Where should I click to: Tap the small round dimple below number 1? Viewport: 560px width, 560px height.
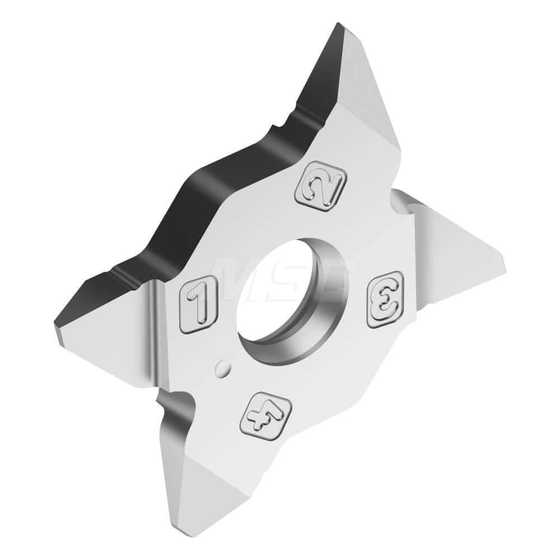pyautogui.click(x=223, y=368)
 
